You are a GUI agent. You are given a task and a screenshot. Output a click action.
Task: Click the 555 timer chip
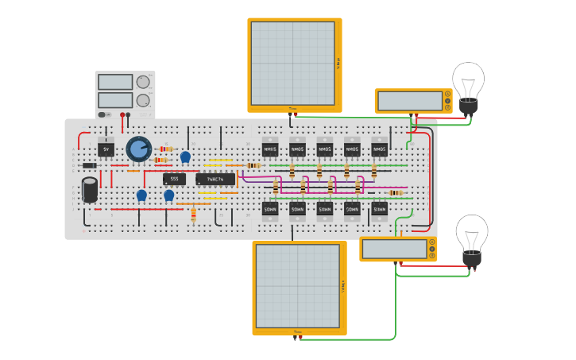click(x=174, y=179)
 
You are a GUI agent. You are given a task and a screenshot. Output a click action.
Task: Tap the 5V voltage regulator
click(x=106, y=149)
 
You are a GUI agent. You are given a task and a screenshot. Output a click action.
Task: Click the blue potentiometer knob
click(x=138, y=148)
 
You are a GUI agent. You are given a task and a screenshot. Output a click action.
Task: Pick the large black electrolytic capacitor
click(x=90, y=189)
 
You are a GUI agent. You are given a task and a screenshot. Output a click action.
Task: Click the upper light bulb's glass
click(x=468, y=80)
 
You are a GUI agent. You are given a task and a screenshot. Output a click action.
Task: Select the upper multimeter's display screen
click(x=410, y=101)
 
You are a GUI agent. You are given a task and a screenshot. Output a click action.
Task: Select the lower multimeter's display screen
click(x=394, y=249)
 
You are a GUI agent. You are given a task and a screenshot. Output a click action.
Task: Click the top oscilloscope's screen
click(x=292, y=63)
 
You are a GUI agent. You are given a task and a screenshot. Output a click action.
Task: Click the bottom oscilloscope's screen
click(x=297, y=285)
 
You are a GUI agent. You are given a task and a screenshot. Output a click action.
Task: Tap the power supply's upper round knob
click(x=143, y=82)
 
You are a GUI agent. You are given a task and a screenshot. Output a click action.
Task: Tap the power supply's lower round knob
click(x=143, y=100)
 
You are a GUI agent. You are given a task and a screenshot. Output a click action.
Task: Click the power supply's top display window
click(x=115, y=82)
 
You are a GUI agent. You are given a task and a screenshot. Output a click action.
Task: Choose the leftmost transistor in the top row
click(x=270, y=149)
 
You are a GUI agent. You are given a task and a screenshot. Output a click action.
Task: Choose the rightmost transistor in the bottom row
click(x=380, y=208)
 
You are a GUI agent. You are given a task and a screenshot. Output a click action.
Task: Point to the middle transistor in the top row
click(x=325, y=149)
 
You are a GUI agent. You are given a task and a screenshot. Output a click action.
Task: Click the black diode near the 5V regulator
click(x=90, y=165)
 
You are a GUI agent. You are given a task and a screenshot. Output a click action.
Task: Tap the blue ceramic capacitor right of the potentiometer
click(x=185, y=157)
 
